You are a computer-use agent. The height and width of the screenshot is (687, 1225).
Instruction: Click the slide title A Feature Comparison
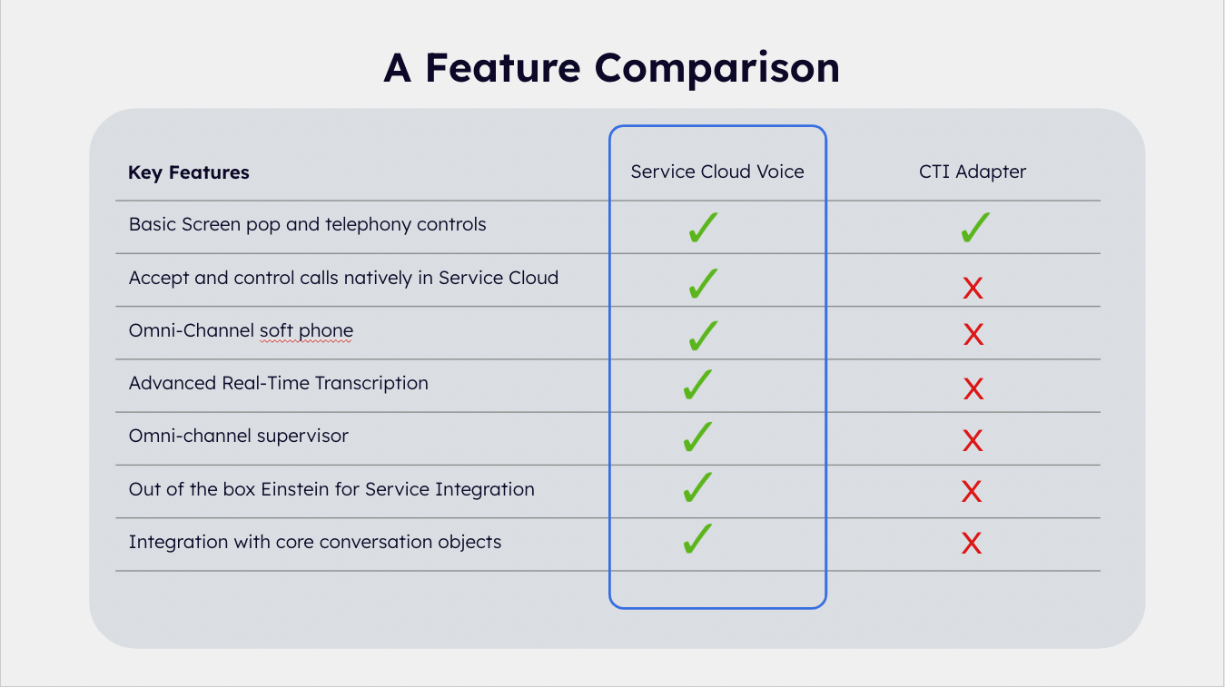pyautogui.click(x=611, y=68)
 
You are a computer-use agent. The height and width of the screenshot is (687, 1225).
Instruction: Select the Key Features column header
pyautogui.click(x=189, y=172)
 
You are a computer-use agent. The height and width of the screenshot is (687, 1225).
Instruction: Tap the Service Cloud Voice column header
pyautogui.click(x=717, y=172)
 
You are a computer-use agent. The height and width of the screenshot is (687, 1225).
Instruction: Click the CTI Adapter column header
pyautogui.click(x=973, y=172)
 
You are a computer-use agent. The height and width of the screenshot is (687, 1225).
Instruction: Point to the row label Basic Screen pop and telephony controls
pyautogui.click(x=307, y=224)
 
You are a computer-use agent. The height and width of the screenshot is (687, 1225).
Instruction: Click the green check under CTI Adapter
pyautogui.click(x=973, y=228)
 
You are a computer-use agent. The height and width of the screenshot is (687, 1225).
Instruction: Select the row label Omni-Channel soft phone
pyautogui.click(x=241, y=330)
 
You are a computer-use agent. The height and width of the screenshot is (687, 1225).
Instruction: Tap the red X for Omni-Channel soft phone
pyautogui.click(x=973, y=335)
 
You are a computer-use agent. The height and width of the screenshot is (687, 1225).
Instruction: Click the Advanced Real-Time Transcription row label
pyautogui.click(x=278, y=383)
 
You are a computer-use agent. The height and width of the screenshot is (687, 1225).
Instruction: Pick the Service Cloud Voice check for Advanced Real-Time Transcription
pyautogui.click(x=697, y=385)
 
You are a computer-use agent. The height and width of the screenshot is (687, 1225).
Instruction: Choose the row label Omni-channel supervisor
pyautogui.click(x=238, y=436)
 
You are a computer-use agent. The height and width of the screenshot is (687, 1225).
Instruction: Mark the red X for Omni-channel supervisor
pyautogui.click(x=973, y=441)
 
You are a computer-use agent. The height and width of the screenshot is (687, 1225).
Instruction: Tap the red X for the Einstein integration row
pyautogui.click(x=972, y=492)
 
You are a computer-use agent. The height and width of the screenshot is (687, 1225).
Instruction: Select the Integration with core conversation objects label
pyautogui.click(x=314, y=542)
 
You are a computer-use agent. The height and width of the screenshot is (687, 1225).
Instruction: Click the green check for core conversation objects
pyautogui.click(x=697, y=540)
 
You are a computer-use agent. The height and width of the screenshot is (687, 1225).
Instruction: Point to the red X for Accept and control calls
pyautogui.click(x=973, y=289)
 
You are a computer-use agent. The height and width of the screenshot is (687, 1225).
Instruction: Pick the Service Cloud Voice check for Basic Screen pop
pyautogui.click(x=703, y=228)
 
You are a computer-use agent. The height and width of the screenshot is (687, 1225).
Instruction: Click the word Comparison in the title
pyautogui.click(x=717, y=68)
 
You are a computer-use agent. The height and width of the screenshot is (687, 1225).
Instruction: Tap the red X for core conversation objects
pyautogui.click(x=972, y=544)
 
